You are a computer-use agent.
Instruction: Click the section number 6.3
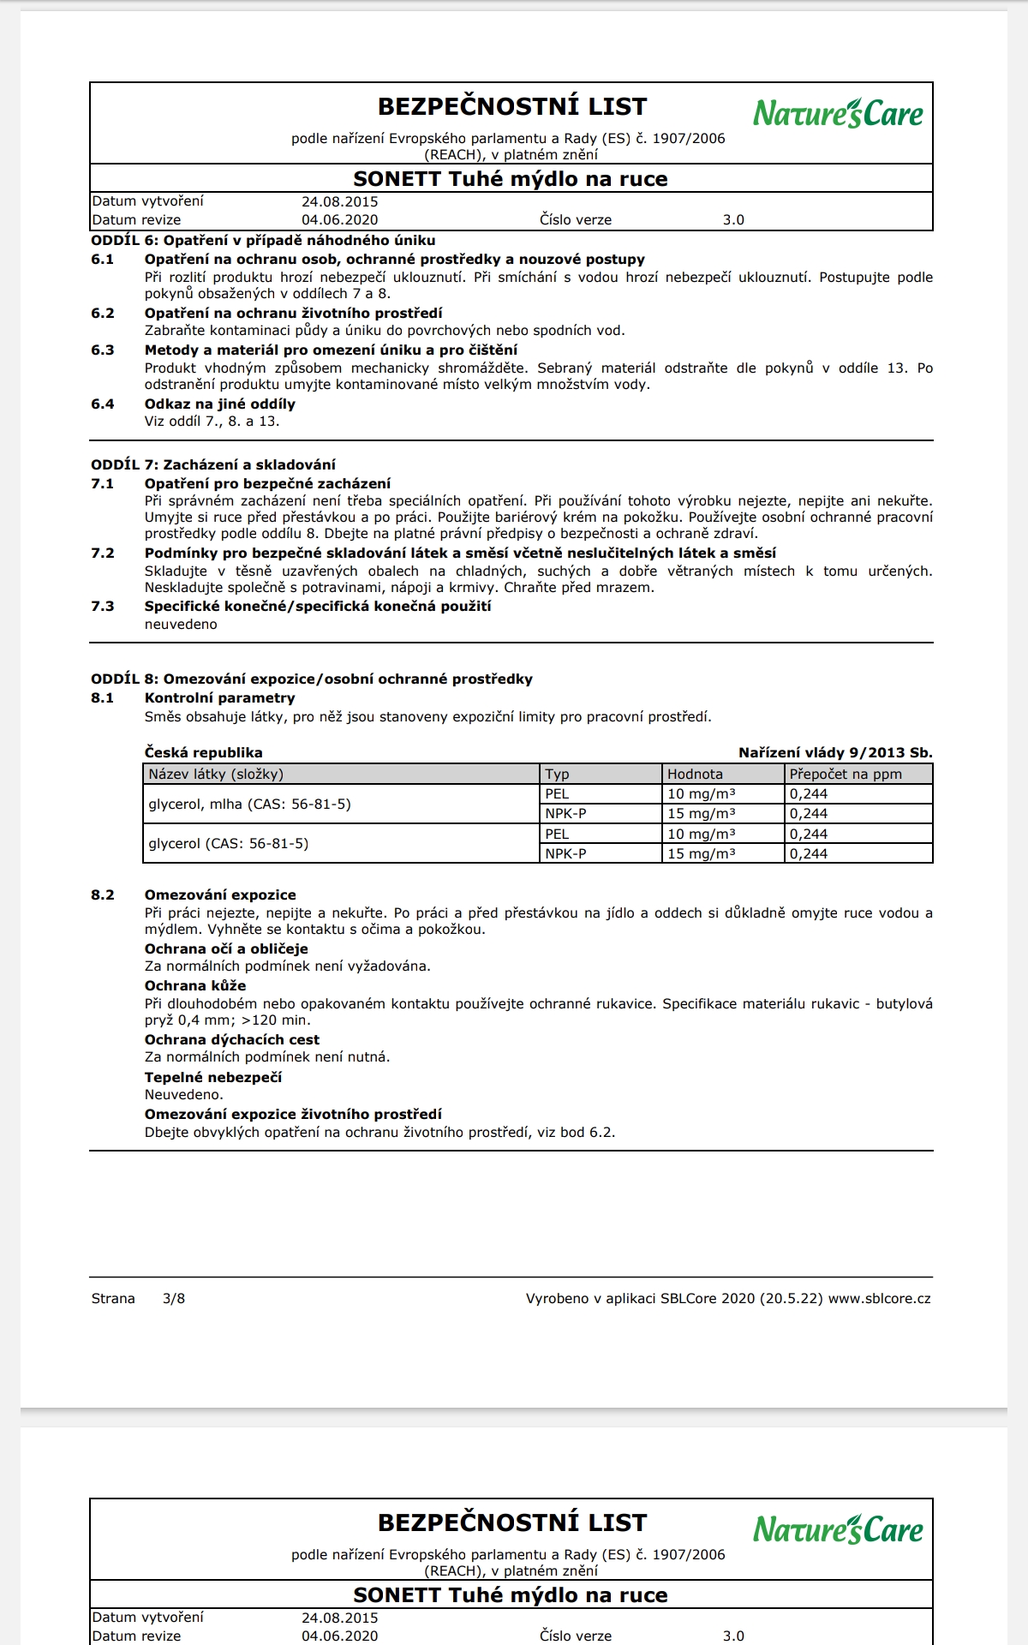pos(103,350)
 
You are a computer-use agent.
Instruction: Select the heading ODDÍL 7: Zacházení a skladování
pos(213,464)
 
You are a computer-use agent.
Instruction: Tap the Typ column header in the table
pos(557,774)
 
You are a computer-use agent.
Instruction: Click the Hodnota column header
pos(695,774)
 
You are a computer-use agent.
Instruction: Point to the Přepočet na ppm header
pos(846,774)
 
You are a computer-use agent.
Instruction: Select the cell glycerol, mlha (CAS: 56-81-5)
pos(250,804)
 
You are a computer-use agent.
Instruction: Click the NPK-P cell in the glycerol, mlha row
pos(565,813)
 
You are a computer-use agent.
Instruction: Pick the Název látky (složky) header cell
pos(216,774)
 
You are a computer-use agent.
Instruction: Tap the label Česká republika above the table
pos(204,752)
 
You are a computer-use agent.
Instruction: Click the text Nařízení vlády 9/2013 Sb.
pos(835,752)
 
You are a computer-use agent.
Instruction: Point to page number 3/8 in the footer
pos(174,1298)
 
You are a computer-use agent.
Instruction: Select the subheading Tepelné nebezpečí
pos(213,1077)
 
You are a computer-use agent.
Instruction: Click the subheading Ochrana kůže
pos(195,985)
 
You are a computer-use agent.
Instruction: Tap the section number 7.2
pos(103,553)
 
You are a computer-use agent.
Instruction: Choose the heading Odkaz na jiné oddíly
pos(220,404)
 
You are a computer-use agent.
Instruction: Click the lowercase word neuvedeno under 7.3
pos(181,624)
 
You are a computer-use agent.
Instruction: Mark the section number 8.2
pos(103,894)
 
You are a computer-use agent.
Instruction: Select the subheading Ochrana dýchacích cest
pos(232,1039)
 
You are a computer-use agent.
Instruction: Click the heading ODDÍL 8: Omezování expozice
pos(312,679)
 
